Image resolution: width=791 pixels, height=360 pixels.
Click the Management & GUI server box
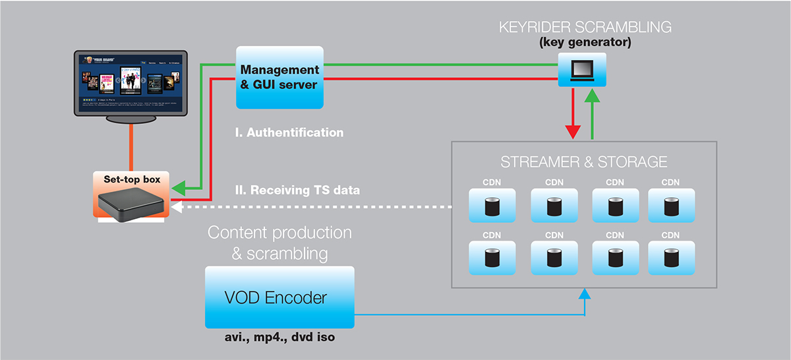279,78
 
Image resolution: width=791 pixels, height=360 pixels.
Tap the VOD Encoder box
279,297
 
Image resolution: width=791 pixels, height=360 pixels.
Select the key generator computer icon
582,69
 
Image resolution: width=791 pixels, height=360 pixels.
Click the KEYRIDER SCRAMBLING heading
585,28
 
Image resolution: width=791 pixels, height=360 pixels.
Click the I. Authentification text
289,133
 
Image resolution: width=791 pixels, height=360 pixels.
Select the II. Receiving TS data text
298,191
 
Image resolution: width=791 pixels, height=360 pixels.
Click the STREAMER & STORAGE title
584,162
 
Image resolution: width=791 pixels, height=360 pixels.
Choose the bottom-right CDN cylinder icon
670,257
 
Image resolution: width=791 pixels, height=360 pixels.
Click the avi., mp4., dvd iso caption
280,339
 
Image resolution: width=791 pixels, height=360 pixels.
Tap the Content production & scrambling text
279,242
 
